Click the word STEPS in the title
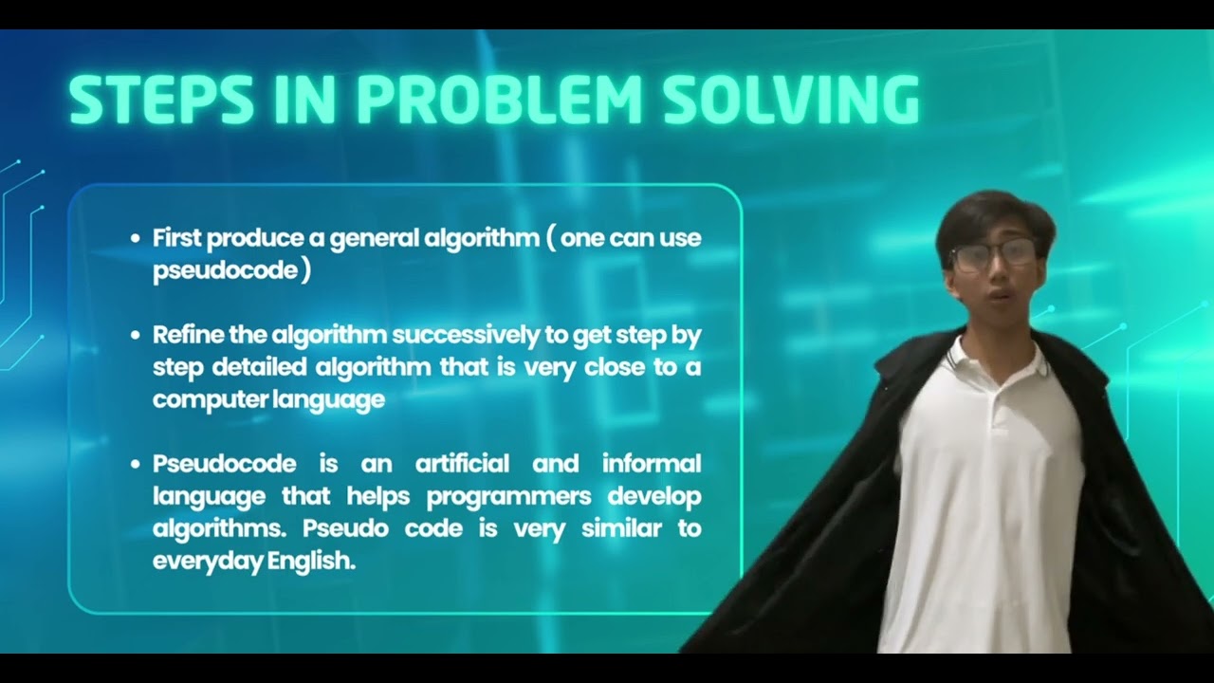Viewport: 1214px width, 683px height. pos(161,100)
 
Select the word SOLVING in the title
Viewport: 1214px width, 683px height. pos(791,100)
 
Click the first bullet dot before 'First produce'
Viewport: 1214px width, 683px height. pos(135,238)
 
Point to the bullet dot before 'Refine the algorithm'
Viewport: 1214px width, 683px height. pos(135,335)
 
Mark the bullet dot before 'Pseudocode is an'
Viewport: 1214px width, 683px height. pos(135,464)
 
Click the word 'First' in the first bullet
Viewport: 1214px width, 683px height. pos(177,237)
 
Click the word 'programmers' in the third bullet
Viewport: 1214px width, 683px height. pos(508,496)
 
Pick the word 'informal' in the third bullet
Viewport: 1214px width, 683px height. pos(652,464)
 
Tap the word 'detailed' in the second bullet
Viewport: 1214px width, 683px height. pos(253,367)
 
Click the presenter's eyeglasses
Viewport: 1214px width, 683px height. pos(993,254)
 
